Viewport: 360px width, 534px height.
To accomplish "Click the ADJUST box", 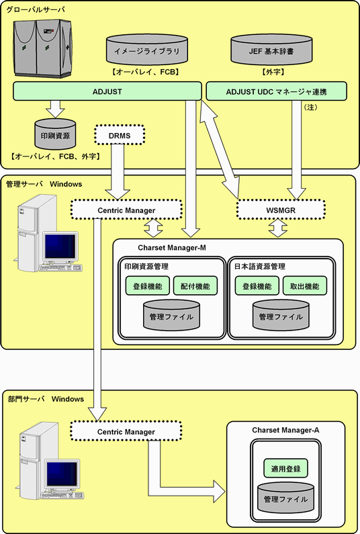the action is (107, 91).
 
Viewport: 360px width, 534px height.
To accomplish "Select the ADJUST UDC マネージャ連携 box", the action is (276, 91).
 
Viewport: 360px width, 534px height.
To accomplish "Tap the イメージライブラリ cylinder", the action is (147, 50).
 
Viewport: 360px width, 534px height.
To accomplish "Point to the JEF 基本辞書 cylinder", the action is (271, 50).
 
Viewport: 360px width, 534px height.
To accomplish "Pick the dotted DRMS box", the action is (120, 136).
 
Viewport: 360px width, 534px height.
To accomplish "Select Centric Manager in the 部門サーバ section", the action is (126, 432).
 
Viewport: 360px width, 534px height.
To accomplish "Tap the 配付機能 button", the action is (195, 285).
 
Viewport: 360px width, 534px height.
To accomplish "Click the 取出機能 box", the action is (305, 285).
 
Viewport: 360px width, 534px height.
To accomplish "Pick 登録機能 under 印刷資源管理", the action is (148, 285).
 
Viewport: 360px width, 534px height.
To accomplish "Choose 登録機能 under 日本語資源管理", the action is (257, 285).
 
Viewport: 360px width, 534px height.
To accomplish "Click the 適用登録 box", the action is (285, 468).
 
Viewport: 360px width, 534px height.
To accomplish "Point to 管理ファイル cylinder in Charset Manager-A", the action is (285, 497).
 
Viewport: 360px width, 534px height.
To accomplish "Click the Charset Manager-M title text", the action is (172, 248).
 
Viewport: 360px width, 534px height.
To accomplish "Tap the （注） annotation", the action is (310, 107).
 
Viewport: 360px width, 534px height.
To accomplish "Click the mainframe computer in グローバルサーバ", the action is (43, 48).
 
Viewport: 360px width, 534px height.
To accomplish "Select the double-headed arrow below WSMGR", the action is (278, 228).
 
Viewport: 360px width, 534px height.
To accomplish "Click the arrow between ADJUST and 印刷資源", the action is (55, 109).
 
